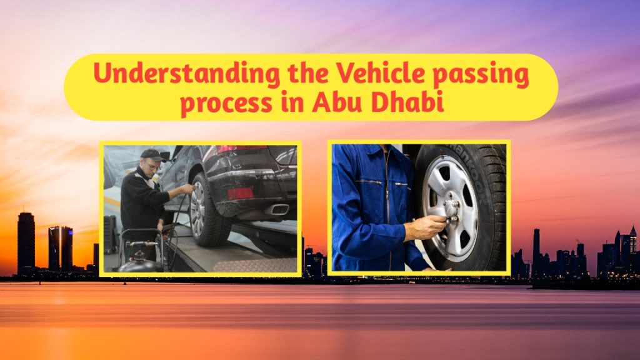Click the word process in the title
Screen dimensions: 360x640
coord(219,103)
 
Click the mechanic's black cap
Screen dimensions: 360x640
coord(152,154)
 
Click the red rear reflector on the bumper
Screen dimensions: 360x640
coord(241,193)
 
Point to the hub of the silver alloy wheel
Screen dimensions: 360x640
coord(451,209)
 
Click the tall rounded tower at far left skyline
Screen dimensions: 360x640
coord(26,241)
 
